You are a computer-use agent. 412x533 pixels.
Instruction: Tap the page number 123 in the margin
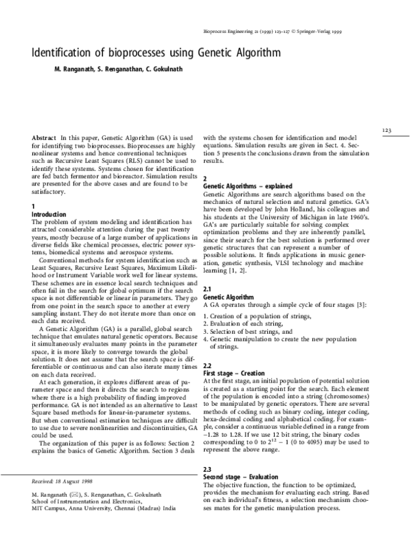[387, 130]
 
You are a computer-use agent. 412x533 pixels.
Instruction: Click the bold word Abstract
[44, 138]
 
